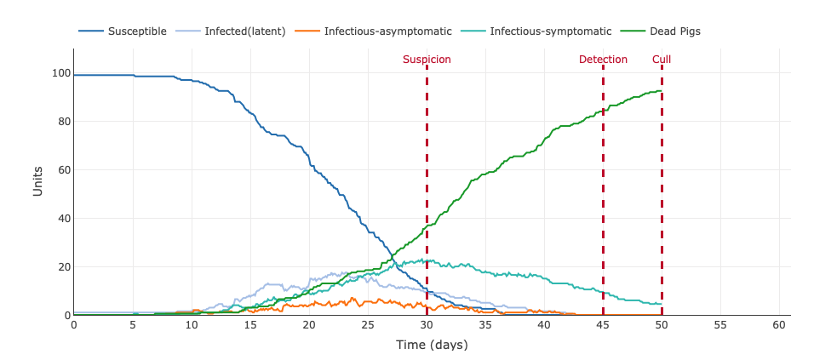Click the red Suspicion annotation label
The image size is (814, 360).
(427, 60)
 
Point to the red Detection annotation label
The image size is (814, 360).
(603, 60)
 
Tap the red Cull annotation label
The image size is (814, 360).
(662, 60)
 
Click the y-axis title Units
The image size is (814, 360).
(37, 182)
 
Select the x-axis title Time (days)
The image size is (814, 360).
(432, 345)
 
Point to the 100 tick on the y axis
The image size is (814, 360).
(59, 73)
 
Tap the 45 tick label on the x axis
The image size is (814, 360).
(603, 325)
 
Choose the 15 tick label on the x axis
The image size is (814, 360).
(250, 325)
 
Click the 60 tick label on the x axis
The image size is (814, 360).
(779, 325)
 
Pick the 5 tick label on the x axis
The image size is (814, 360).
(133, 325)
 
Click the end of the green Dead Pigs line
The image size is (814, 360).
(661, 91)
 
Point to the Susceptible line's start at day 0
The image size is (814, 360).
(75, 75)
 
